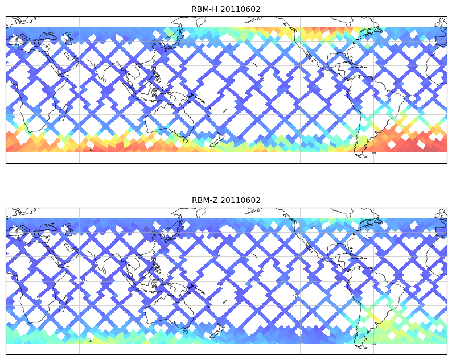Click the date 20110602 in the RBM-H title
(x=238, y=9)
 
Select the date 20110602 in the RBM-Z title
(x=238, y=200)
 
